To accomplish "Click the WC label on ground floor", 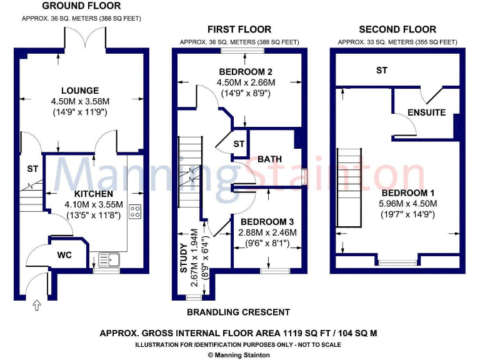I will pos(66,256).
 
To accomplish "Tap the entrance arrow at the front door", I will pos(36,305).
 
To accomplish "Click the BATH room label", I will pos(269,159).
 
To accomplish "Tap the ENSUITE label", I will pos(426,112).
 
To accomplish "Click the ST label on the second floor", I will pos(381,71).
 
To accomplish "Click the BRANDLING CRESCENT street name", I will pos(239,312).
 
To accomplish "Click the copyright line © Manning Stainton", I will pos(239,354).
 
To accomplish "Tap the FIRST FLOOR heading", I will pos(239,29).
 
